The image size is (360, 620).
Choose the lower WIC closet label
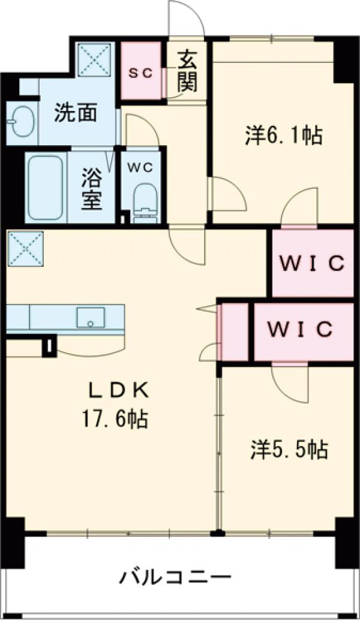300,329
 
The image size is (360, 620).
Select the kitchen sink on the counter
91,318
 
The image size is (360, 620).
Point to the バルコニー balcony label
174,579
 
